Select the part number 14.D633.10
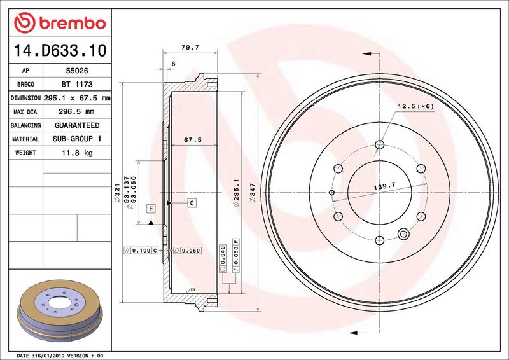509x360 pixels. [58, 50]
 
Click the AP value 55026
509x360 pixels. [76, 71]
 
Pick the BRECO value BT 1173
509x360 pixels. [76, 85]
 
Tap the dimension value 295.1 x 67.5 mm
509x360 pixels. [76, 99]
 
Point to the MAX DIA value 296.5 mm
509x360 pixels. [76, 112]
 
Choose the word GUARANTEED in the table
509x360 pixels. [76, 125]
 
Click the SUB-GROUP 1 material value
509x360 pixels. [76, 139]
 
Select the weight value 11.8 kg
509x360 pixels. [76, 153]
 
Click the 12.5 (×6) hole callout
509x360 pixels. [415, 106]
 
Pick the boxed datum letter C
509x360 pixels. [191, 202]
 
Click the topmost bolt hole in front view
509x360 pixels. [379, 144]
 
